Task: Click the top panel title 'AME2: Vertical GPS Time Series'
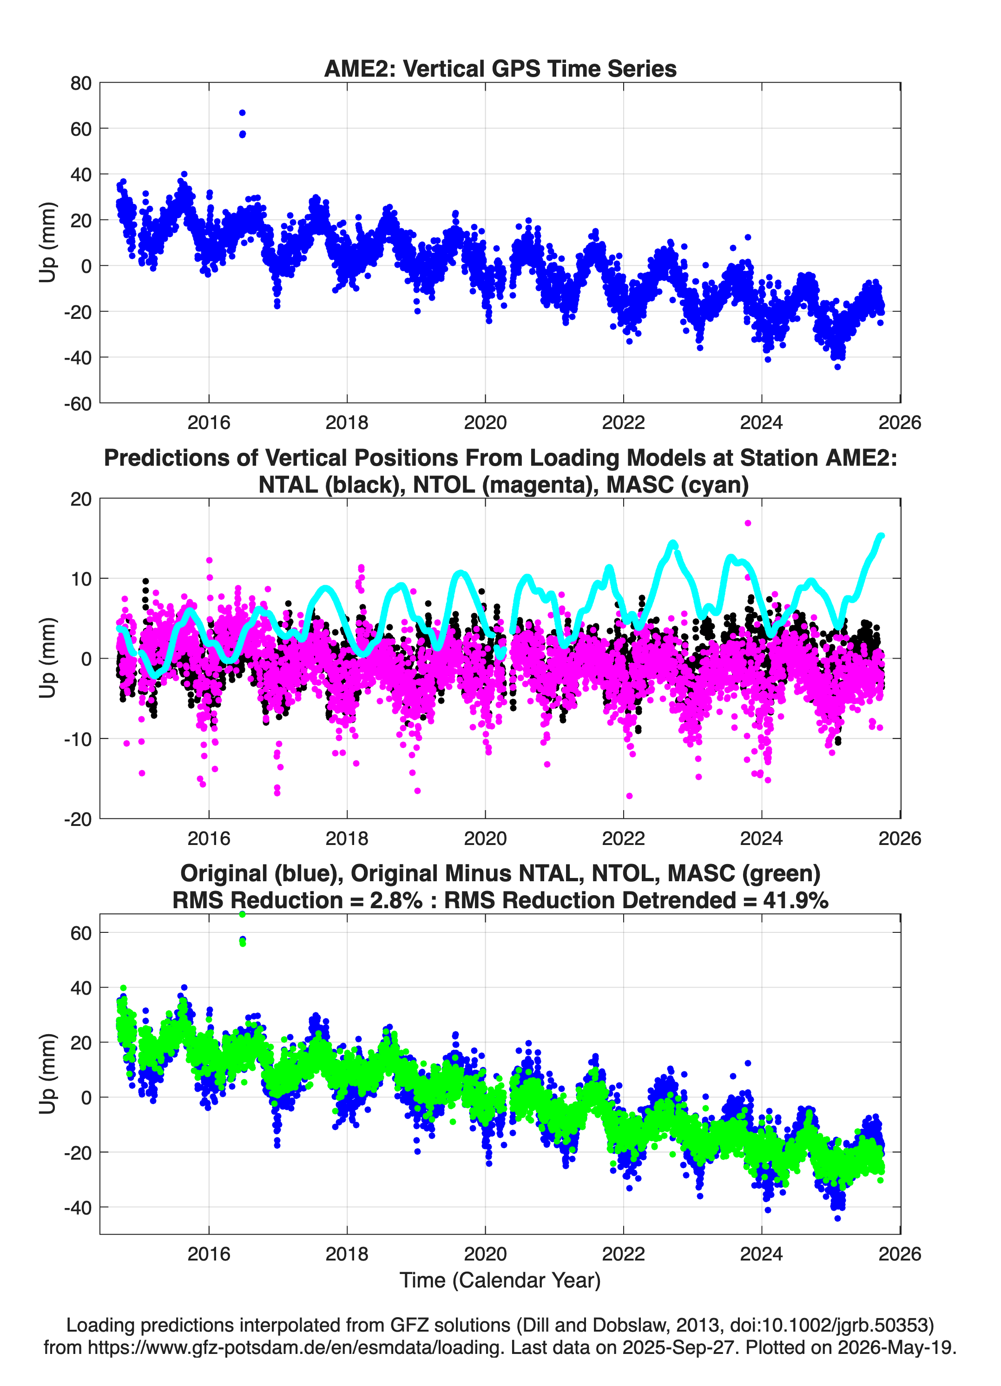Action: tap(500, 68)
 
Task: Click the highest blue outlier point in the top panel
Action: tap(242, 112)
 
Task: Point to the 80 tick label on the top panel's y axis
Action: tap(81, 83)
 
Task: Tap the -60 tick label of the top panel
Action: tap(78, 403)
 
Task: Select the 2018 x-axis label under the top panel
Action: tap(347, 422)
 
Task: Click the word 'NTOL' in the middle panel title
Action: tap(444, 485)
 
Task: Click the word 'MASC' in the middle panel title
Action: tap(639, 485)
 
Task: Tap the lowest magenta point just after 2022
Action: tap(629, 796)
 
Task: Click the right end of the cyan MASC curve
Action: tap(881, 536)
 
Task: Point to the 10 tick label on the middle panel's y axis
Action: tap(81, 579)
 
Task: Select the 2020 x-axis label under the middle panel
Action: tap(485, 838)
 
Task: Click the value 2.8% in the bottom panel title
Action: tap(395, 900)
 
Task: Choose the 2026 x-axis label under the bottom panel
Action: tap(900, 1254)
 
